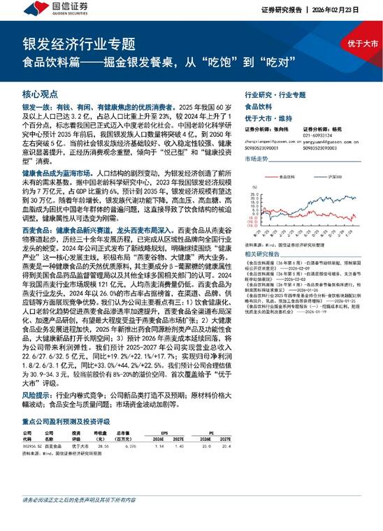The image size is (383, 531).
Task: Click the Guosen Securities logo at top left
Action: click(x=48, y=10)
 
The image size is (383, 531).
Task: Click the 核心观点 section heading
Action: click(x=37, y=94)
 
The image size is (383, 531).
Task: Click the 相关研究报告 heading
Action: click(x=262, y=254)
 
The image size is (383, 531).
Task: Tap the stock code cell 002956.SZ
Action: click(x=32, y=444)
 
